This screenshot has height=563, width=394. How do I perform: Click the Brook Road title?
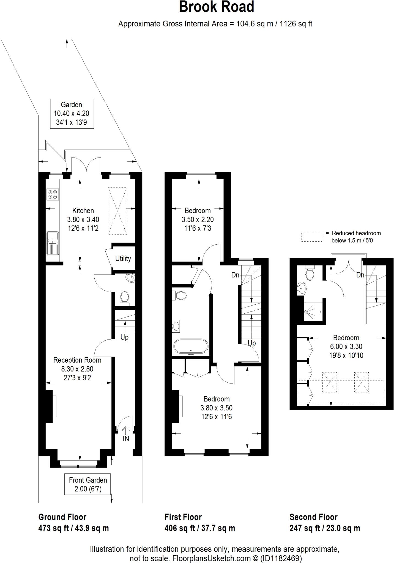click(x=216, y=7)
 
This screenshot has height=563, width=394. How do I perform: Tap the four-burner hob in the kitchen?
click(x=53, y=194)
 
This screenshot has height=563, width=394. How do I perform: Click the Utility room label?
click(x=123, y=258)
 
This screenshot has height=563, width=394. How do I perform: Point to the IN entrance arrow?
click(x=126, y=434)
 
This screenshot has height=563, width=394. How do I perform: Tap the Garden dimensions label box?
click(x=72, y=114)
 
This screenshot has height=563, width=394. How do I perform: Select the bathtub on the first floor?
click(x=191, y=347)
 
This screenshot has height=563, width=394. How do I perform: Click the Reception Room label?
click(x=77, y=360)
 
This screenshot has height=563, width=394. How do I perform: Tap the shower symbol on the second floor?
click(x=307, y=312)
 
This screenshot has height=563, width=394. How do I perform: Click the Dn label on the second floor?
click(x=360, y=275)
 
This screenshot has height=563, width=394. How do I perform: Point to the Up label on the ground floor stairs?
click(x=124, y=337)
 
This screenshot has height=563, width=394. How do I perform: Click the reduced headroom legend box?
click(x=311, y=236)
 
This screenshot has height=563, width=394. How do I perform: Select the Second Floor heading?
click(x=313, y=517)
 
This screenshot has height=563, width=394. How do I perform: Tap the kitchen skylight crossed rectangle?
click(x=117, y=211)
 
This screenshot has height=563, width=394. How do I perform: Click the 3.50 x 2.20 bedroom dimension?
click(x=198, y=219)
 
